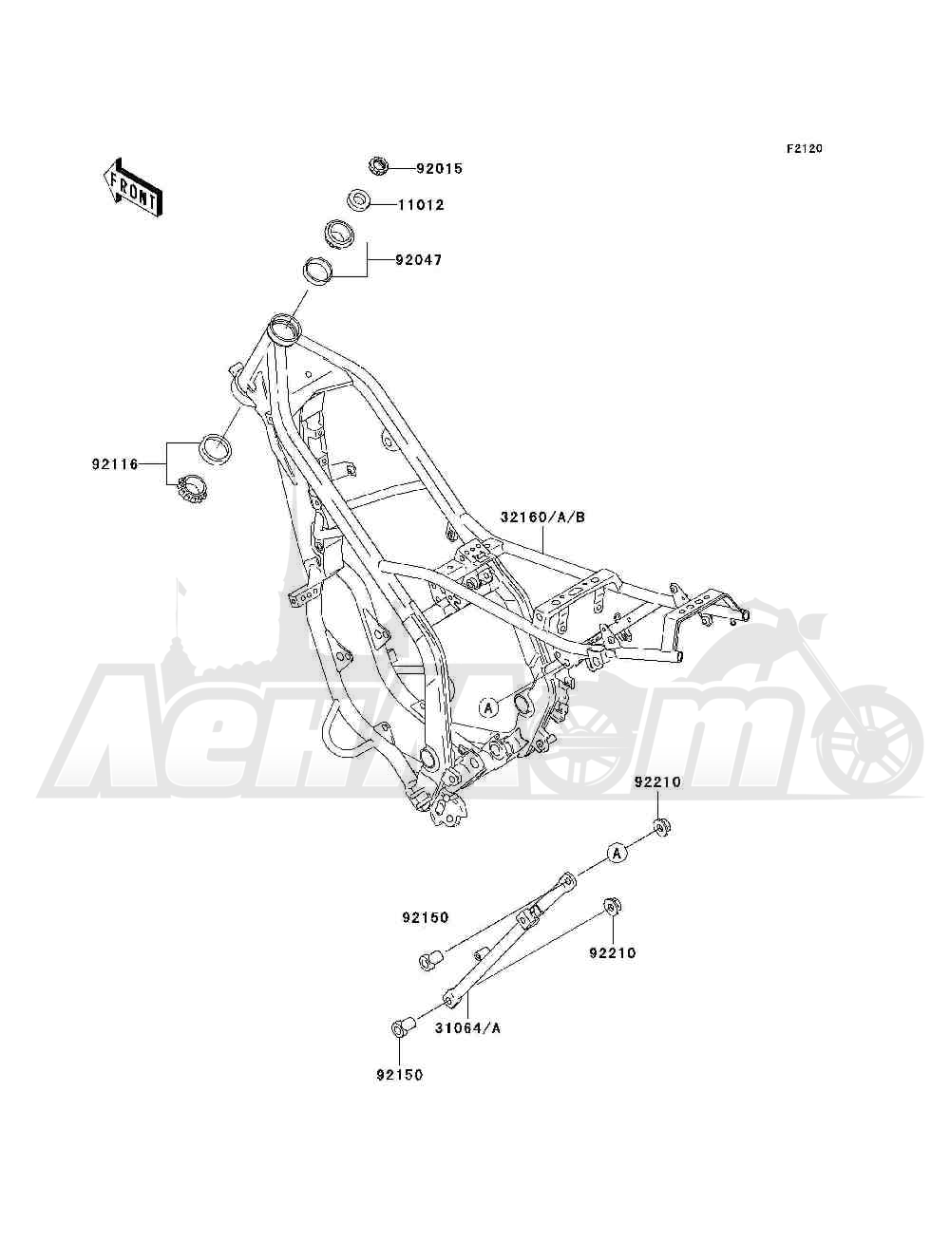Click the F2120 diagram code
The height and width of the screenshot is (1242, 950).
[804, 149]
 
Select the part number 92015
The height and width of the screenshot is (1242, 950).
[439, 169]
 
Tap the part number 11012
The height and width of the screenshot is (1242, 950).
[421, 205]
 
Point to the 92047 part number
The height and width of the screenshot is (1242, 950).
[418, 260]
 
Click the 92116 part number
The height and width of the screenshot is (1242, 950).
[115, 464]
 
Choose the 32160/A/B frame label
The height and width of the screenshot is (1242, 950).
[543, 517]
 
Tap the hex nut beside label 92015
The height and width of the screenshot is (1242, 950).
[376, 166]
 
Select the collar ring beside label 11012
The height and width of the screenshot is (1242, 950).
[358, 200]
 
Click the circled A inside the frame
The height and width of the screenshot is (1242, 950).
[488, 707]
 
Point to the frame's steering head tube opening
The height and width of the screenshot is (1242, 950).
[284, 327]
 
